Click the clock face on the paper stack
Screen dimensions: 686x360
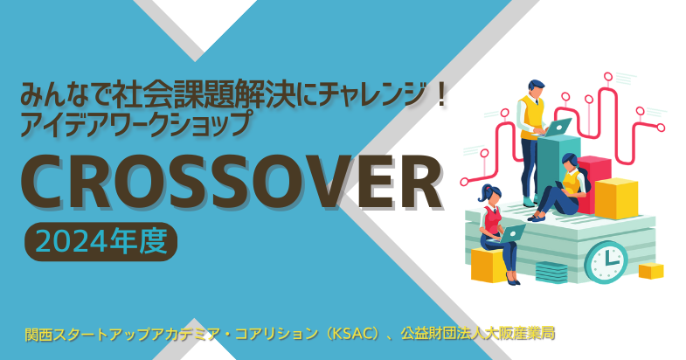606,262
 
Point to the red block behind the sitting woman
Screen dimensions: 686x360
595,183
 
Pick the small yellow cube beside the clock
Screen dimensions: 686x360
651,271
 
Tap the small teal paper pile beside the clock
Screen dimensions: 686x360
551,273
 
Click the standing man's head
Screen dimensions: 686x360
537,89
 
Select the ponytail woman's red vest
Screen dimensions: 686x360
492,220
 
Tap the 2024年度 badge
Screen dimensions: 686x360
101,241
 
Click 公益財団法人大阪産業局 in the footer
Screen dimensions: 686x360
478,334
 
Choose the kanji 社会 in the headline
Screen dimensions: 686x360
142,96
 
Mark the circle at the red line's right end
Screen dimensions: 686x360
661,128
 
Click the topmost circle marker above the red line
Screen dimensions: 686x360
607,77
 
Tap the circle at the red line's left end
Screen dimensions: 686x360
464,182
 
